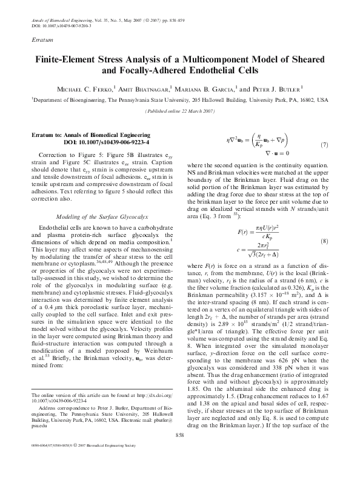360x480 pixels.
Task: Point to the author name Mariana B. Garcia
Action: tap(207, 88)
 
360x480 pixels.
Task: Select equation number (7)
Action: tap(324, 145)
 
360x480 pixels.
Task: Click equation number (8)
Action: tap(324, 224)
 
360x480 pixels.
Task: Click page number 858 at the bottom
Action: tap(179, 452)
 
